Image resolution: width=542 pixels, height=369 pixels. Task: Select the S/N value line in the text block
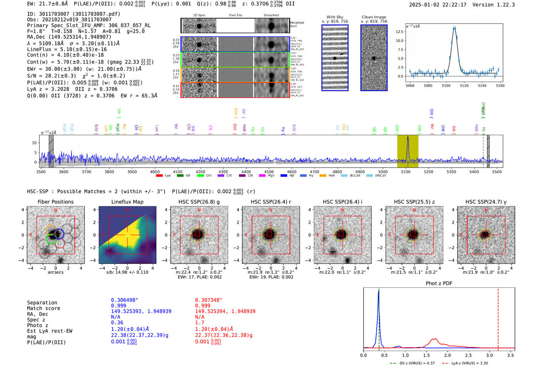click(76, 76)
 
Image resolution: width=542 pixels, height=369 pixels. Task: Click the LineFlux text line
click(67, 50)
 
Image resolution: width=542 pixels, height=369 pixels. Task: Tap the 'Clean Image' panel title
click(374, 17)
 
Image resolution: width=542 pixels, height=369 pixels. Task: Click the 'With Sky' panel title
click(334, 17)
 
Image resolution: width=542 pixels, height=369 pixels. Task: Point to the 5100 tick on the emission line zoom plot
click(446, 86)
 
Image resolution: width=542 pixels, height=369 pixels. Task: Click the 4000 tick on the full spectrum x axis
click(155, 172)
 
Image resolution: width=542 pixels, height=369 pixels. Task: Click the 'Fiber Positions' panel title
click(55, 202)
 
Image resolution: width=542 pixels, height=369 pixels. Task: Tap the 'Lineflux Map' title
click(127, 202)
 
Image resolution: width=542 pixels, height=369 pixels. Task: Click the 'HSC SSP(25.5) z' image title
click(414, 202)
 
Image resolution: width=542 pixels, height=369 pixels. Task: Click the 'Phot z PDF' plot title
click(439, 283)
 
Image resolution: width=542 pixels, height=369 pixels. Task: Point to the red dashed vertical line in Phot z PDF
click(498, 318)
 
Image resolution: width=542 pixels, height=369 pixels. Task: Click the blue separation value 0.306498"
click(124, 300)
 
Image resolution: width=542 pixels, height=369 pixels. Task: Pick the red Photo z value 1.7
click(199, 323)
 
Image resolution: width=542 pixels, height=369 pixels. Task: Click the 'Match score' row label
click(43, 309)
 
